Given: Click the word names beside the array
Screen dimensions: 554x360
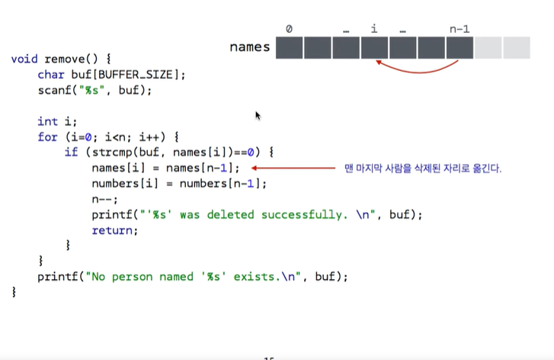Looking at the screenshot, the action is click(x=250, y=47).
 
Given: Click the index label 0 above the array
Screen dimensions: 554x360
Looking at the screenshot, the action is click(x=289, y=29).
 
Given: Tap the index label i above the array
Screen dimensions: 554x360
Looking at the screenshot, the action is click(x=374, y=29).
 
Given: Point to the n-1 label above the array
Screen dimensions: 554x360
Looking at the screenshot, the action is click(x=460, y=29).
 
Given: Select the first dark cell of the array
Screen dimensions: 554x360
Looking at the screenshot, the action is click(x=289, y=47).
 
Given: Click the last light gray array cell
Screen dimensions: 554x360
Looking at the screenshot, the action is click(x=517, y=47).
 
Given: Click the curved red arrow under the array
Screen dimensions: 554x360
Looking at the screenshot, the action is click(x=415, y=69).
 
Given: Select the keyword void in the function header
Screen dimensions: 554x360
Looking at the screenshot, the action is click(x=24, y=59).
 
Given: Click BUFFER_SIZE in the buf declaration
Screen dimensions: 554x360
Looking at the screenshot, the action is click(x=139, y=75).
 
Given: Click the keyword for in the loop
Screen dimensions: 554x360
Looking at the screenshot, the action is click(x=47, y=137).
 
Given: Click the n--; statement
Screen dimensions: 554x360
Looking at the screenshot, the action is click(x=104, y=199).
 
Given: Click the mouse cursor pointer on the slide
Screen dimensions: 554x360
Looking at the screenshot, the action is click(x=258, y=115).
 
